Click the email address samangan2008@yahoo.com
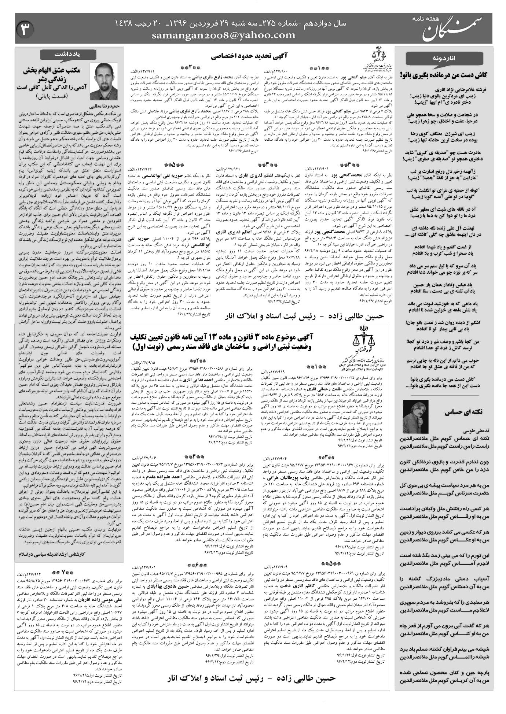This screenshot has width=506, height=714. click(x=223, y=35)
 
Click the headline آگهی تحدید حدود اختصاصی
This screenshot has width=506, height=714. click(x=250, y=56)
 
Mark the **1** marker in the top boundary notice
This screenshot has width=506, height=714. click(x=325, y=68)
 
